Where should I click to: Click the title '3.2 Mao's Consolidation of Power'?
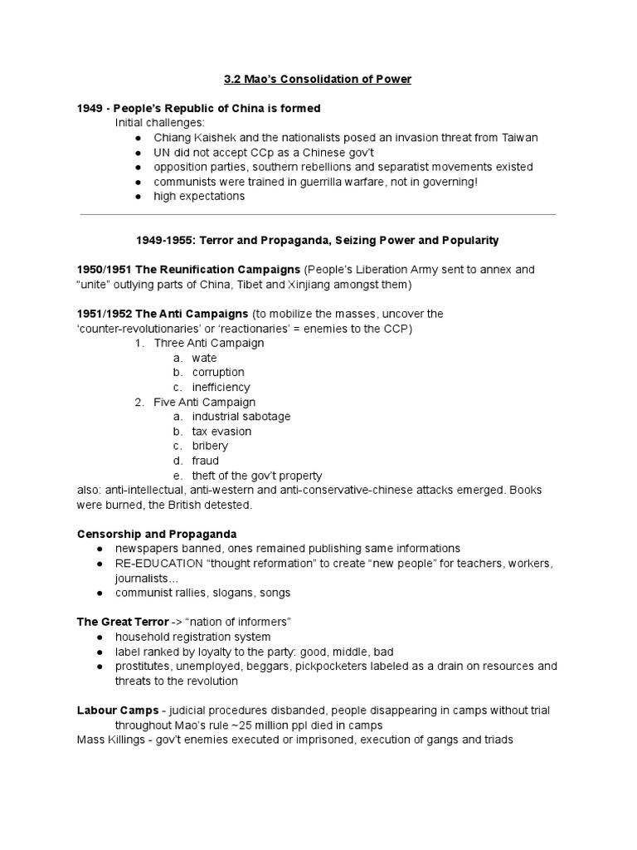pos(318,79)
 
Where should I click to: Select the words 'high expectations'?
pos(198,197)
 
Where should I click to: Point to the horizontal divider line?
pos(318,214)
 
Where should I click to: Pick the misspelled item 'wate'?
pos(204,358)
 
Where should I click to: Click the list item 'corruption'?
pos(217,373)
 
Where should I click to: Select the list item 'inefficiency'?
pos(221,388)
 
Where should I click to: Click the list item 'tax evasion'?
pos(221,432)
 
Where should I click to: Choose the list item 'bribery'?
pos(210,447)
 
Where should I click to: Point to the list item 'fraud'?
pos(205,461)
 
